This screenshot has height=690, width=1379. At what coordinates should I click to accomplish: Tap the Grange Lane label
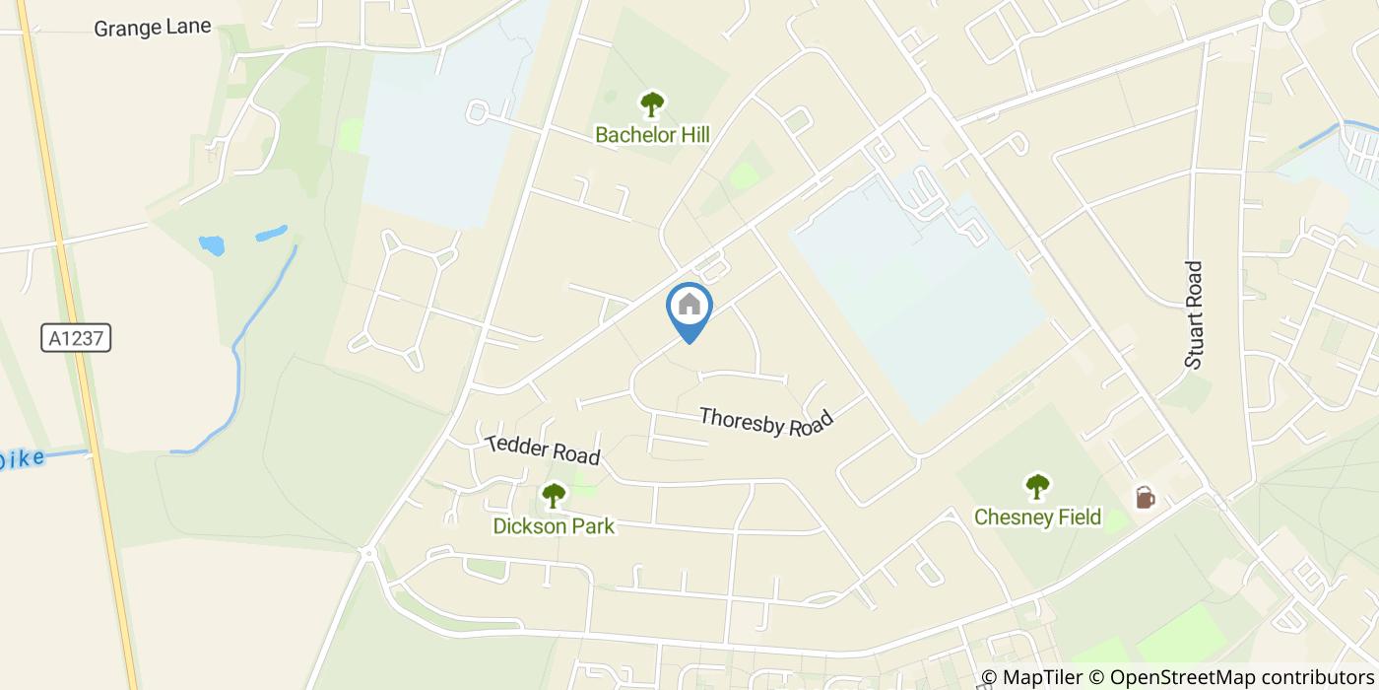pyautogui.click(x=153, y=27)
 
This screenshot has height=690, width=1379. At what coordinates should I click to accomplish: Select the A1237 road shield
pyautogui.click(x=76, y=338)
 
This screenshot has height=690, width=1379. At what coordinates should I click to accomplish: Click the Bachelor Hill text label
pyautogui.click(x=652, y=135)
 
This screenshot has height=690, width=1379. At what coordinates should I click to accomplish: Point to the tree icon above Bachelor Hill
pyautogui.click(x=652, y=104)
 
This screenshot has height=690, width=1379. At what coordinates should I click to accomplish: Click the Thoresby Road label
pyautogui.click(x=766, y=422)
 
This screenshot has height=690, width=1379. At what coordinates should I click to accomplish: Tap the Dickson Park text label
pyautogui.click(x=554, y=525)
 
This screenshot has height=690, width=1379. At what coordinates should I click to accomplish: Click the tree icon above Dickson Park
pyautogui.click(x=554, y=495)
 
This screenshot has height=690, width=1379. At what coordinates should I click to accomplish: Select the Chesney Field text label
pyautogui.click(x=1037, y=517)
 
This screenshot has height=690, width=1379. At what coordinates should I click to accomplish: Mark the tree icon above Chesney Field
pyautogui.click(x=1037, y=486)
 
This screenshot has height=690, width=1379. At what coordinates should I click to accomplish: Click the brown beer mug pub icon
pyautogui.click(x=1145, y=497)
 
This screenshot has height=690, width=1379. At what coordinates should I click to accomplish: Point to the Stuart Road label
pyautogui.click(x=1195, y=314)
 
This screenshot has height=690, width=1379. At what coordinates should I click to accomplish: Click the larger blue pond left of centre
pyautogui.click(x=211, y=245)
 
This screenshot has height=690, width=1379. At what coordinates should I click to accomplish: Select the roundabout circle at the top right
pyautogui.click(x=1280, y=13)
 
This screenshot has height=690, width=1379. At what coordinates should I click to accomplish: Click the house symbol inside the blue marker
pyautogui.click(x=689, y=304)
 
